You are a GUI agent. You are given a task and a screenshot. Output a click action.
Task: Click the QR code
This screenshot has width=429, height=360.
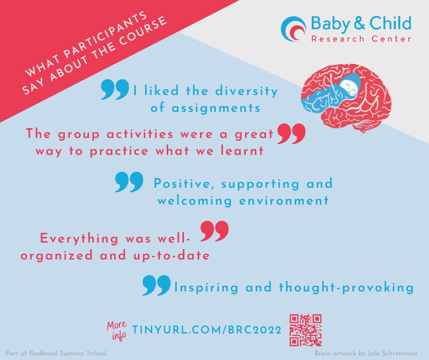306,329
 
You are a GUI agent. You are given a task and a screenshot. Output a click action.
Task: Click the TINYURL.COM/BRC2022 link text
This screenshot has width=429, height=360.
206,330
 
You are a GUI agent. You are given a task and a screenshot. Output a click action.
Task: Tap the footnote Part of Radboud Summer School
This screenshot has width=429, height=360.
56,354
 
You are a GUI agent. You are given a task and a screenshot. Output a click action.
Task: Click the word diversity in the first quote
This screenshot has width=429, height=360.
248,91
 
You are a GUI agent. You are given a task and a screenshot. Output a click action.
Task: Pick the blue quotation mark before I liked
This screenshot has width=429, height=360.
115,90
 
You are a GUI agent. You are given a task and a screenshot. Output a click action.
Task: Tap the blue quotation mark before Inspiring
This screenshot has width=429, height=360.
156,286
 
